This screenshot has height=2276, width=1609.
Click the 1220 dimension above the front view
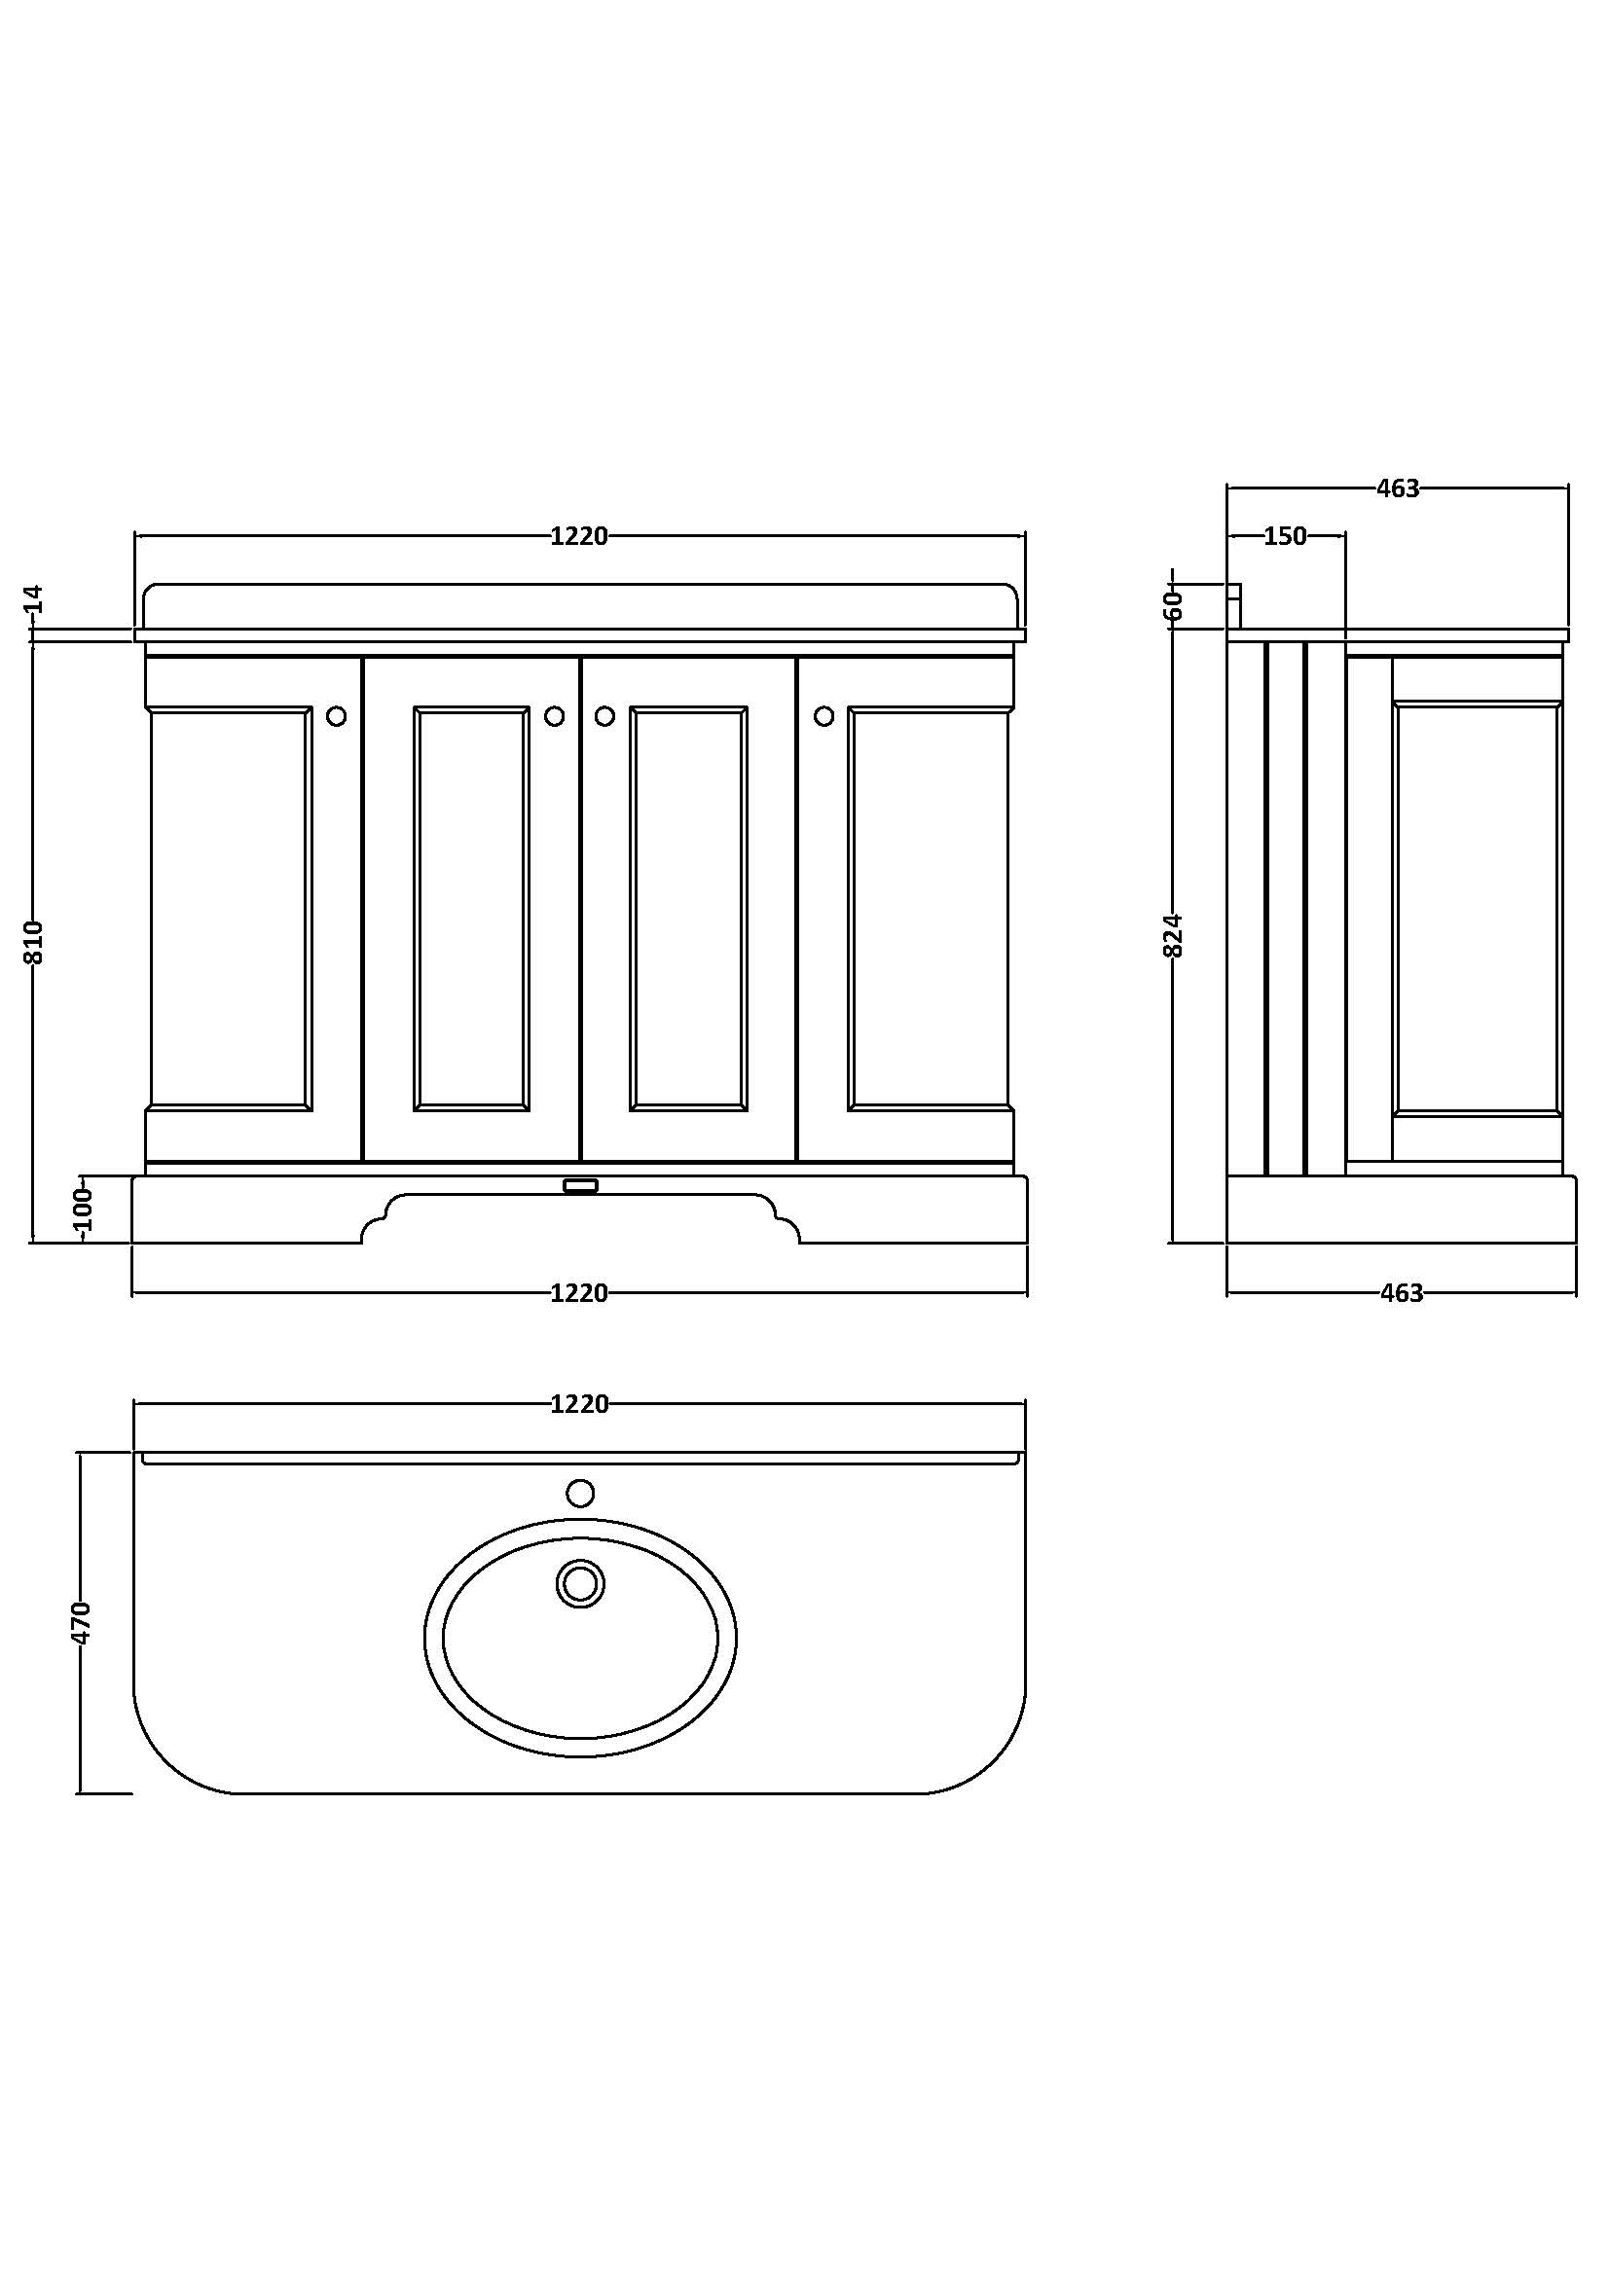pyautogui.click(x=579, y=536)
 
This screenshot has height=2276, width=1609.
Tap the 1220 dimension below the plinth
pyautogui.click(x=579, y=1292)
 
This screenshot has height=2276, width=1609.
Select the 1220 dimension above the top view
pyautogui.click(x=579, y=1404)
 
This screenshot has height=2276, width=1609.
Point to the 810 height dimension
pyautogui.click(x=35, y=941)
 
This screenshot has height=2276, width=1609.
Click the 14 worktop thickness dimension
pyautogui.click(x=35, y=598)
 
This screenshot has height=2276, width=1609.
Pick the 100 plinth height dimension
pyautogui.click(x=84, y=1209)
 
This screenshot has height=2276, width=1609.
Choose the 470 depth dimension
pyautogui.click(x=82, y=1623)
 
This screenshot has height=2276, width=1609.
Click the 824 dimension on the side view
pyautogui.click(x=1173, y=935)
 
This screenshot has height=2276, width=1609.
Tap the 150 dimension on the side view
pyautogui.click(x=1285, y=536)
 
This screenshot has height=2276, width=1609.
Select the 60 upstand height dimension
pyautogui.click(x=1174, y=603)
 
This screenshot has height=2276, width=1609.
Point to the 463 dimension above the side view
pyautogui.click(x=1398, y=488)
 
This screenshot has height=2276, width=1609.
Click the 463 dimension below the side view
pyautogui.click(x=1401, y=1292)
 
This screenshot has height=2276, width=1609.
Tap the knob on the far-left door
pyautogui.click(x=337, y=716)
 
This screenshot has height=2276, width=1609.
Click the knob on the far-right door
pyautogui.click(x=823, y=716)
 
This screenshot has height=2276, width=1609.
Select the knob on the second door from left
pyautogui.click(x=554, y=716)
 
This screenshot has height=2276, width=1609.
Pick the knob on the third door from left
pyautogui.click(x=604, y=716)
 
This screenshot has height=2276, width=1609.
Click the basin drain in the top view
pyautogui.click(x=580, y=1583)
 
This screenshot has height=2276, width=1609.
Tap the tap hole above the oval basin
pyautogui.click(x=580, y=1493)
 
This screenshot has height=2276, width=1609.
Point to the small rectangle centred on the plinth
pyautogui.click(x=580, y=1185)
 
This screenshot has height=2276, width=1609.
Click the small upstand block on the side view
pyautogui.click(x=1234, y=593)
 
